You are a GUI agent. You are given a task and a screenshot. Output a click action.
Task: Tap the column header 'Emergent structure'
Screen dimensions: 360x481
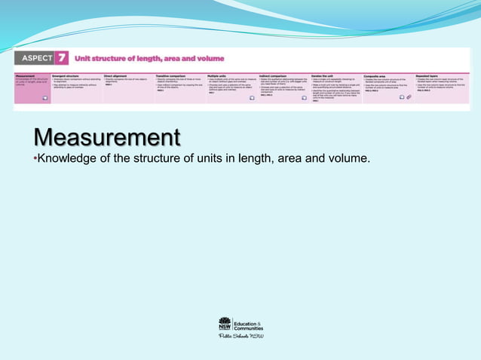[x=66, y=75]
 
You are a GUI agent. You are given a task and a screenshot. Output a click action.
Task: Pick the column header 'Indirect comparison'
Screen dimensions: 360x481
[x=273, y=75]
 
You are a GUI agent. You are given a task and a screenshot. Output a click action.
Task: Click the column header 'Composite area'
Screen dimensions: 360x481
[x=378, y=75]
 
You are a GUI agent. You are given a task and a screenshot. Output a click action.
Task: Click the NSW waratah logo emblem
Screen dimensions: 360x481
[x=225, y=324]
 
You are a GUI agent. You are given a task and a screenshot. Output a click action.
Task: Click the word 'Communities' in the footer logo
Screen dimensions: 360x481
[x=249, y=328]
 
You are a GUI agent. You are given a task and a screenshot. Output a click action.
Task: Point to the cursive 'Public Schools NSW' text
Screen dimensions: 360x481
[x=240, y=337]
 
